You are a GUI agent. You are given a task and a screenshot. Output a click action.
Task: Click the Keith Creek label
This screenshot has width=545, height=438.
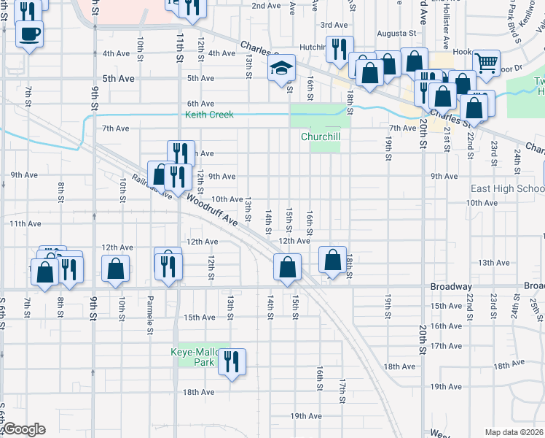210,115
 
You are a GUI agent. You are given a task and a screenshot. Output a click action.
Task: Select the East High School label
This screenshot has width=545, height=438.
507,188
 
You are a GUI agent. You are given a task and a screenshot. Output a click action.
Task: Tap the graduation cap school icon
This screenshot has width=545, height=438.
282,69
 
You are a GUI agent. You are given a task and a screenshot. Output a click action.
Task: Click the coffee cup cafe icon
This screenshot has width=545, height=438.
29,34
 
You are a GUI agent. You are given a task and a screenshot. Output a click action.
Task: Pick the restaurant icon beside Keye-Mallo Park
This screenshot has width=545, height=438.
232,361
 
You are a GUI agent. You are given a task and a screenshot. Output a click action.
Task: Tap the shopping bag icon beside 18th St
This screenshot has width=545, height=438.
332,259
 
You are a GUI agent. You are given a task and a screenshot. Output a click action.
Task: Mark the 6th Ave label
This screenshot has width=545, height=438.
200,104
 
